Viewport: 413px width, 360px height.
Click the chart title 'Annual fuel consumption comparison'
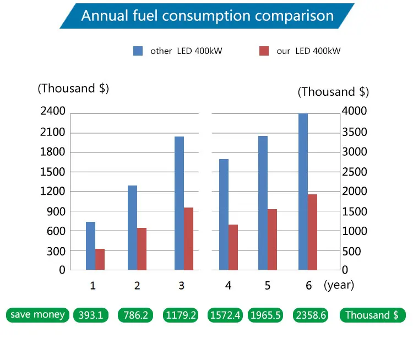(x=207, y=15)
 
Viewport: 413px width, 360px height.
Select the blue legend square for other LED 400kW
(x=138, y=51)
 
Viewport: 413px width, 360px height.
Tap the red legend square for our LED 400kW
(x=264, y=51)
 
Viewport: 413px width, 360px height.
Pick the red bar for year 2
(x=142, y=249)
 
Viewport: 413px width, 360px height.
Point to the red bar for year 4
(x=233, y=247)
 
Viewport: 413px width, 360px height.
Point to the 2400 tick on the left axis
(x=53, y=112)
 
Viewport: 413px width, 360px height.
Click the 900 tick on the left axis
(x=56, y=211)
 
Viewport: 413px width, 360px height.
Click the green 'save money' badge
(x=37, y=315)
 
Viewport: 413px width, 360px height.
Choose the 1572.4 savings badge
(x=226, y=315)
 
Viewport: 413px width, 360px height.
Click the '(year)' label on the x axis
(x=339, y=285)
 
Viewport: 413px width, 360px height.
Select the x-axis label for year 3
(x=182, y=286)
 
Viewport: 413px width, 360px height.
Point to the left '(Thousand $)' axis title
(x=73, y=89)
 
